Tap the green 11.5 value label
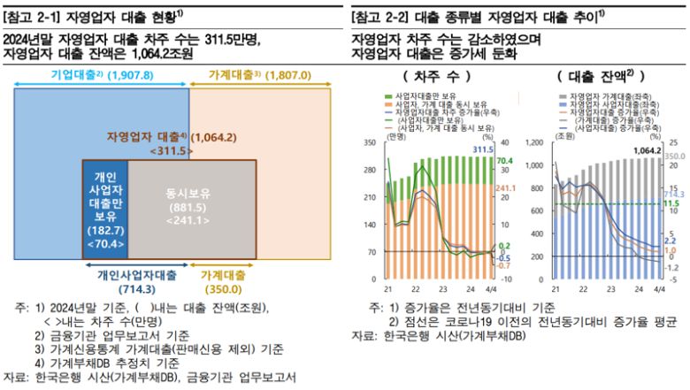pos(671,203)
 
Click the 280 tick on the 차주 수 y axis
pos(370,170)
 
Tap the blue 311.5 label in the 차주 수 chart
pos(481,150)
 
